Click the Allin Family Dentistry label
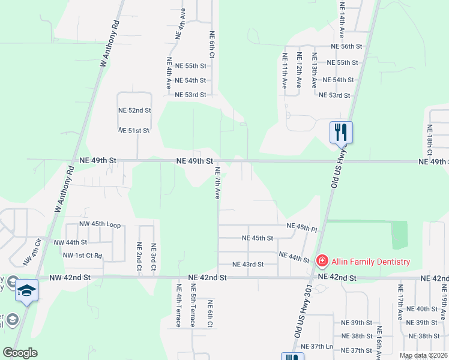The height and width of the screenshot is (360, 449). tap(369, 262)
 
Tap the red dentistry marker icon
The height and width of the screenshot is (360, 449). tap(322, 260)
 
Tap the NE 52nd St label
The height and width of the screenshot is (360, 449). tap(134, 110)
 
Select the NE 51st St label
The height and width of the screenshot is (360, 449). tap(133, 130)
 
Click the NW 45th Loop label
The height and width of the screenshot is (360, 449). tap(100, 225)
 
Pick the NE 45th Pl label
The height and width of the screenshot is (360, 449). tap(301, 227)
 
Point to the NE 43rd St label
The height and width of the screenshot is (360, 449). tap(248, 264)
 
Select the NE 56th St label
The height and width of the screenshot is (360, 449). tap(346, 46)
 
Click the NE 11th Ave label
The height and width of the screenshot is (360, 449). tap(285, 70)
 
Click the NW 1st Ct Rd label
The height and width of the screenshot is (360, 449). tap(83, 256)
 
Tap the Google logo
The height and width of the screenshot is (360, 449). tap(20, 353)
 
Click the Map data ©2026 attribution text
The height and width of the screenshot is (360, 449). tap(422, 355)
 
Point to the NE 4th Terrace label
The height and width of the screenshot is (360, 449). tap(179, 305)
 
